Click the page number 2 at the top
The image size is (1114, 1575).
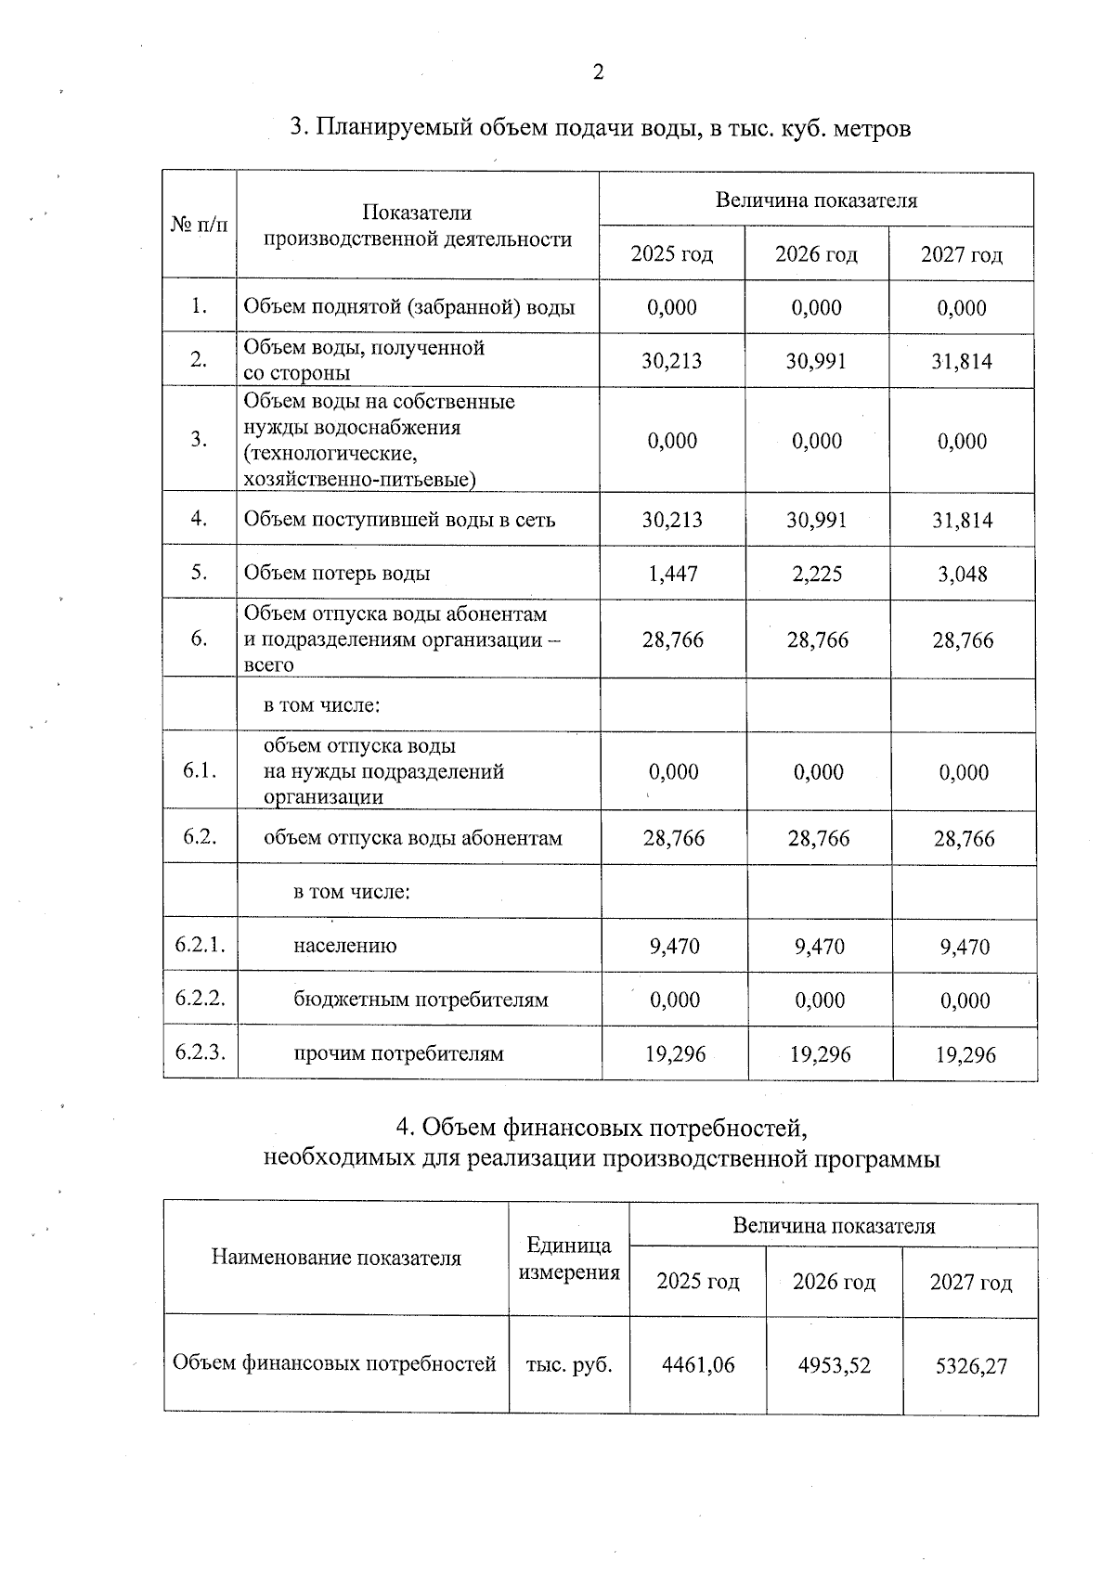pos(598,72)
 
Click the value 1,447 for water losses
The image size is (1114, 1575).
pos(672,574)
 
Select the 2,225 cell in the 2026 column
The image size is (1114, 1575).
pos(817,574)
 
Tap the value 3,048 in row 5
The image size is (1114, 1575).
pos(962,574)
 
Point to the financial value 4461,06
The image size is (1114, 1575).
pos(697,1364)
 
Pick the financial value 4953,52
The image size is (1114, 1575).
pos(834,1365)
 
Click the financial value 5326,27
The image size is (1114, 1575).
pos(970,1366)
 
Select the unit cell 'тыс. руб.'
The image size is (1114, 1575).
pos(568,1364)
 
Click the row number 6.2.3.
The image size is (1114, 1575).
pos(200,1052)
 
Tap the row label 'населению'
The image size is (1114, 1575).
pos(344,946)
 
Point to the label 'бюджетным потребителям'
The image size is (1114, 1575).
pos(421,1000)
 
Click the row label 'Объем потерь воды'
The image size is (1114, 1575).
pos(337,573)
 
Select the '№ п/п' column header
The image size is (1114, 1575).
pos(199,225)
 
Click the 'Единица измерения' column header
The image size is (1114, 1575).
pos(568,1259)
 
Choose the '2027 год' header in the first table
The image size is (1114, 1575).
pos(961,254)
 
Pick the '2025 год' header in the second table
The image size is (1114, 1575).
pos(697,1282)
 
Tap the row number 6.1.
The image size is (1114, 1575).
pos(200,770)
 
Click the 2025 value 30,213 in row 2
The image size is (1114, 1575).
pos(672,360)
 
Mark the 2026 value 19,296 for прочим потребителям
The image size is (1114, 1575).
pos(820,1054)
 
